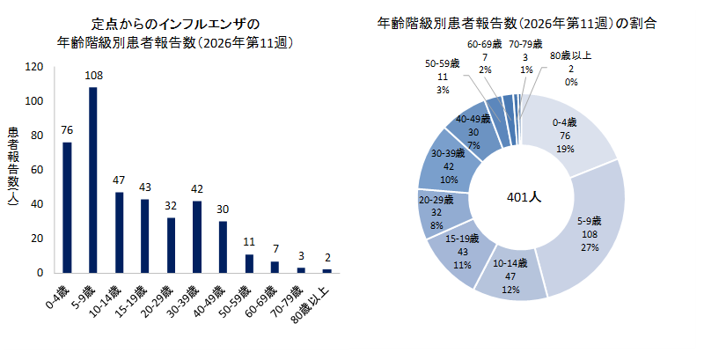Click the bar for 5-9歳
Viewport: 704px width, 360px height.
click(93, 180)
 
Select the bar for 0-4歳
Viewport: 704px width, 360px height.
click(68, 207)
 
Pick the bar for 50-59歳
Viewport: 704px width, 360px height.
click(249, 263)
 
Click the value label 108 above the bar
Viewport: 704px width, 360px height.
click(93, 76)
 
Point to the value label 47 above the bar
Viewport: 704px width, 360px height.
click(119, 180)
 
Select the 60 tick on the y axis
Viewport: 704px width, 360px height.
click(37, 169)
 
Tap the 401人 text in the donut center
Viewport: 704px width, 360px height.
click(524, 198)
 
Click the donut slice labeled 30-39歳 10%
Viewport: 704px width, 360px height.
click(444, 166)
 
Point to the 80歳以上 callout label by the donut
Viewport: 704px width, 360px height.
click(572, 69)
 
